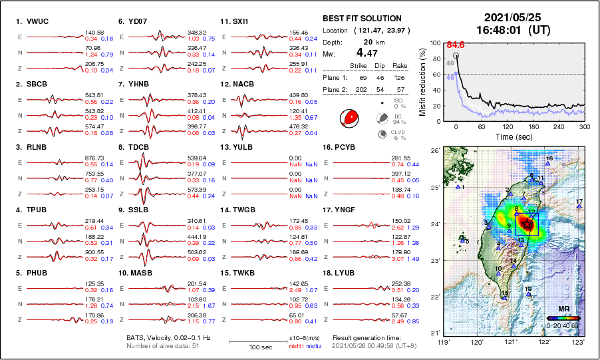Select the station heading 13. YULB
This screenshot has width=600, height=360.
(238, 146)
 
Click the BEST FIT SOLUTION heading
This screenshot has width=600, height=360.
(362, 19)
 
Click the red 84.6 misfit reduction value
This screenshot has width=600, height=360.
(456, 45)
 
